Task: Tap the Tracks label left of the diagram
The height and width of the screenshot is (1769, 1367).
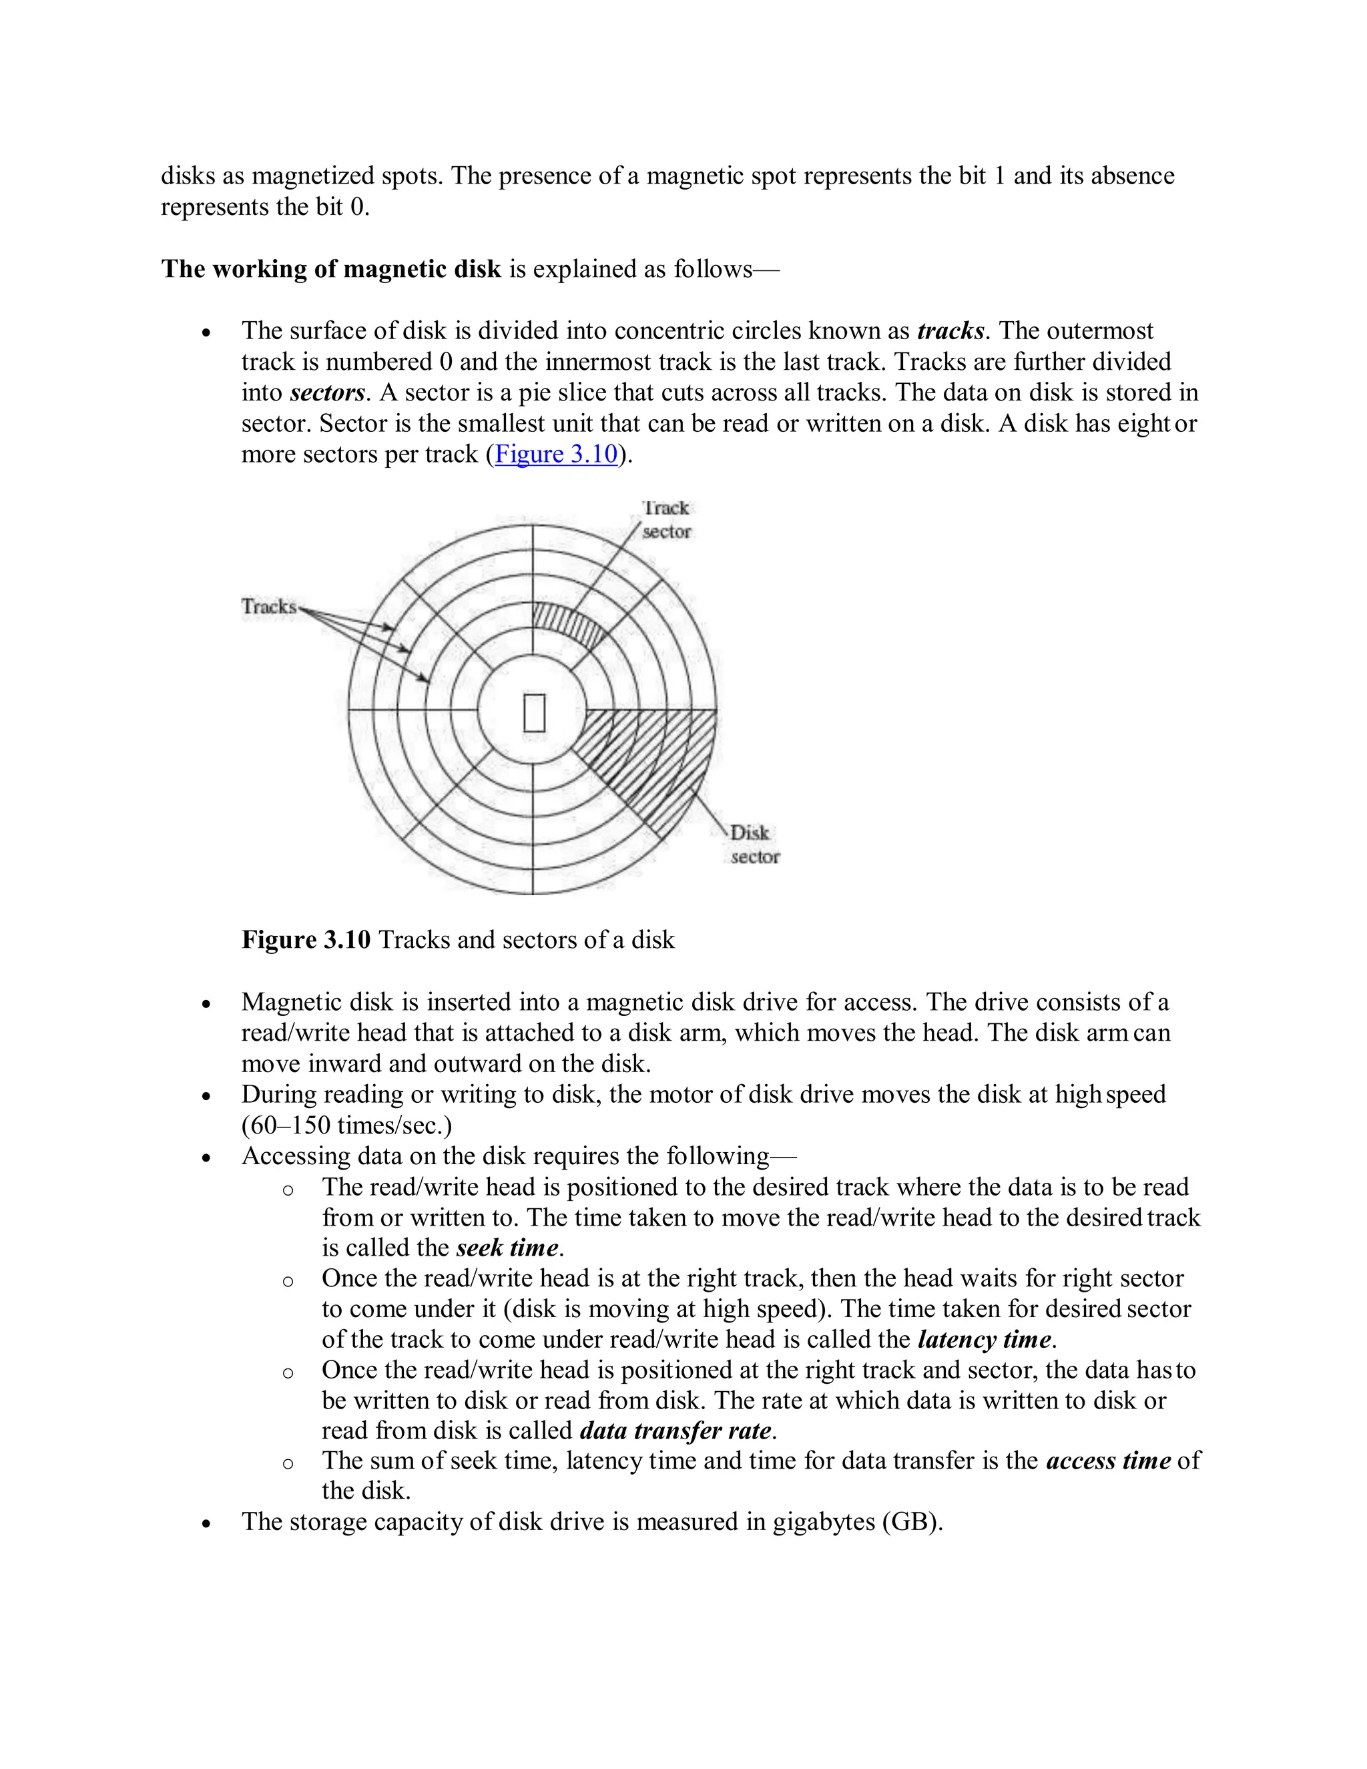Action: (x=269, y=606)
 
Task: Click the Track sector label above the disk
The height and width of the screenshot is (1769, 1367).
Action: (x=665, y=520)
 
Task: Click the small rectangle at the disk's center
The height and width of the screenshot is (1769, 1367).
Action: (x=534, y=713)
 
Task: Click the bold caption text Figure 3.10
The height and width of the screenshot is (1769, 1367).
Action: (x=306, y=940)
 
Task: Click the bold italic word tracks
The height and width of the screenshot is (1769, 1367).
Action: (x=950, y=331)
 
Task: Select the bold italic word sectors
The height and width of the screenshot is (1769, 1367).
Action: (x=327, y=393)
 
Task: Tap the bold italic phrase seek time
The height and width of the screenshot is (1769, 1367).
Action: (x=507, y=1248)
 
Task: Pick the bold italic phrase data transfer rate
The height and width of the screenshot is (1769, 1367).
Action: (x=675, y=1431)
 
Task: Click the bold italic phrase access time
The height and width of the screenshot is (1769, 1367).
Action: (x=1108, y=1461)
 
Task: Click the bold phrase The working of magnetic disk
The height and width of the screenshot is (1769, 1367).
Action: (x=331, y=269)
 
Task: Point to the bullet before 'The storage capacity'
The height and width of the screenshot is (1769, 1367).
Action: (x=208, y=1523)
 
